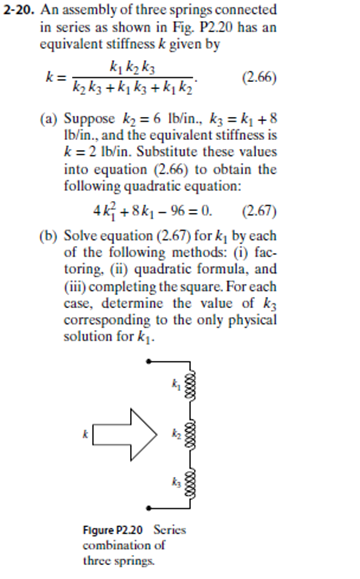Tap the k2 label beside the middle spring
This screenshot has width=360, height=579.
click(x=177, y=432)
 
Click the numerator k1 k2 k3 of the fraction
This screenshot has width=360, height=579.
click(x=129, y=66)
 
